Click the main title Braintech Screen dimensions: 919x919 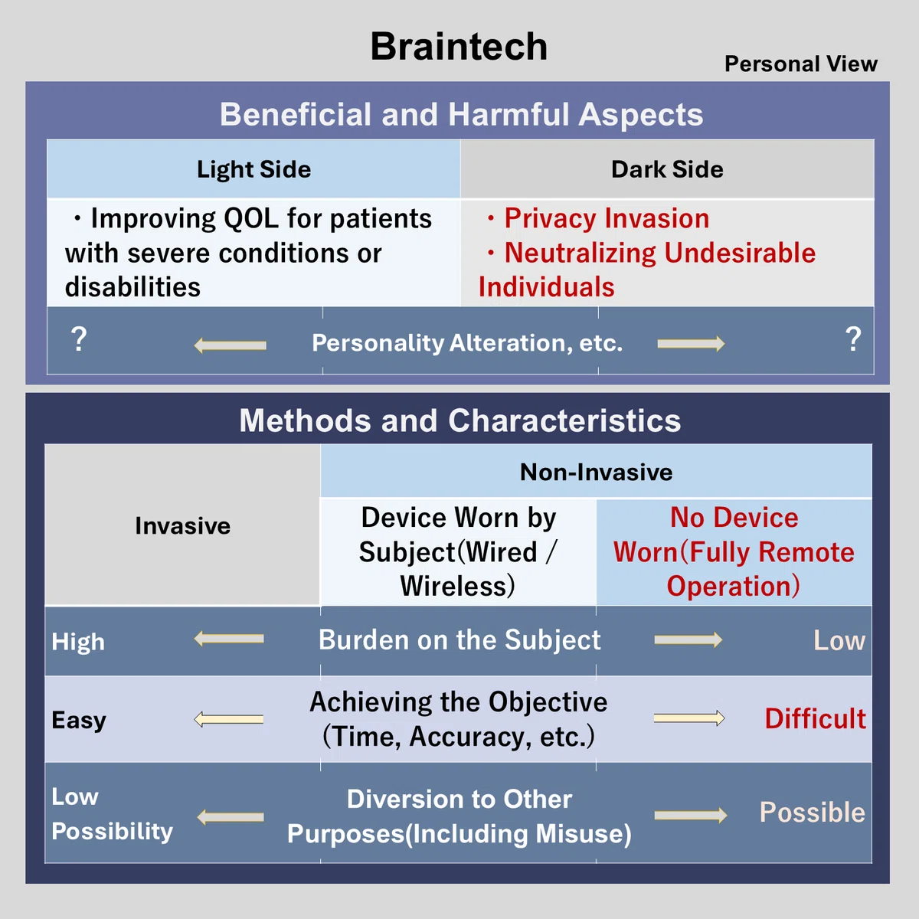coord(459,46)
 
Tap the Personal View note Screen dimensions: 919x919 coord(801,64)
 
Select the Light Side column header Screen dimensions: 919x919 coord(253,170)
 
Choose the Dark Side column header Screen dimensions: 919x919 coord(667,169)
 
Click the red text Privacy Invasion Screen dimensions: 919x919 coord(607,218)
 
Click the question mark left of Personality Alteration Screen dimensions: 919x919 coord(79,339)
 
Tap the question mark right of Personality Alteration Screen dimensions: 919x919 coord(853,339)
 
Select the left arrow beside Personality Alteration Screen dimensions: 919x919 coord(230,345)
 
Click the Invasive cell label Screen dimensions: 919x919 coord(183,526)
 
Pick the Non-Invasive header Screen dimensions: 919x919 coord(596,473)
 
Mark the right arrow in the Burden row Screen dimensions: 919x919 coord(688,639)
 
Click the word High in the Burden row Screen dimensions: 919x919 coord(78,642)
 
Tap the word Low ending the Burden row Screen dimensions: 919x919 coord(839,640)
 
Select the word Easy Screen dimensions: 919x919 coord(79,720)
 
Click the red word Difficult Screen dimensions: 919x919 coord(816,718)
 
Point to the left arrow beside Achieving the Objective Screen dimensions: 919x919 coord(228,719)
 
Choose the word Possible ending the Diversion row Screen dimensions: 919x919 coord(813,813)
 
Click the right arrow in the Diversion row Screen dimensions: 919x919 coord(691,816)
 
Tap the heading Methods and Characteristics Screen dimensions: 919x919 coord(459,420)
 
